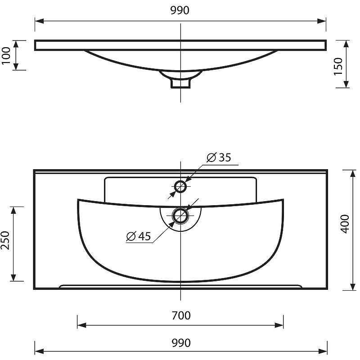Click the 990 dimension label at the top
pos(180,10)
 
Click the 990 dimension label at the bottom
pos(181,343)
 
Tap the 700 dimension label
pos(181,315)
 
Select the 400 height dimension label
pos(345,224)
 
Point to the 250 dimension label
pos(5,240)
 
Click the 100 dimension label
pos(6,56)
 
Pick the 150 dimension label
pos(338,66)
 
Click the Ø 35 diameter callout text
pos(219,157)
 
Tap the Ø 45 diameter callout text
pos(139,236)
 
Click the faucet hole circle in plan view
pos(180,186)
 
